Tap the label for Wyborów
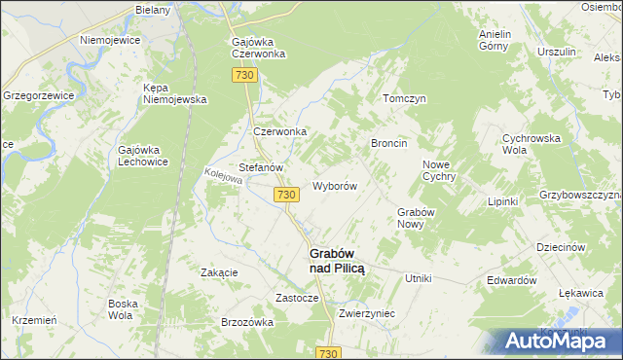coord(335,186)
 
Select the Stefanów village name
coord(261,167)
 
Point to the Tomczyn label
coord(404,99)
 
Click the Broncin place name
coord(388,143)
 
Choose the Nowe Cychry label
coord(440,170)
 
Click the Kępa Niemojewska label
coord(176,93)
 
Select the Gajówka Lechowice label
coord(144,156)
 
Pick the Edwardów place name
coord(512,279)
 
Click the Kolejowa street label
coord(223,178)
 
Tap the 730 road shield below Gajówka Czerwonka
coord(244,76)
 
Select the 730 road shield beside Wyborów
coord(285,196)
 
